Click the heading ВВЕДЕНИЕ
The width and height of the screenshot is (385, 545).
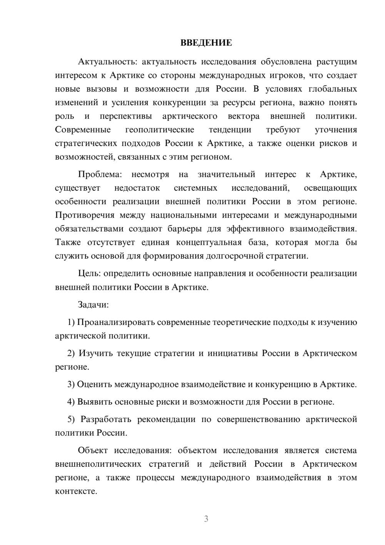206,43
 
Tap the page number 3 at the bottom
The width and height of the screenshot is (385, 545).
206,519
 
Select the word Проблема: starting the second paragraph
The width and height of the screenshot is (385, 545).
100,175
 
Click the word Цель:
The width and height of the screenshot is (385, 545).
89,274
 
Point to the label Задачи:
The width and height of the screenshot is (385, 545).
93,305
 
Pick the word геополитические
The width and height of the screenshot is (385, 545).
159,130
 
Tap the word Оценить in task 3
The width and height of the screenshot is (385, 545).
95,385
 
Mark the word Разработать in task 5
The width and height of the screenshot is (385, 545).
106,419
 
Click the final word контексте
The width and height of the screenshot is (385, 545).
76,491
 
